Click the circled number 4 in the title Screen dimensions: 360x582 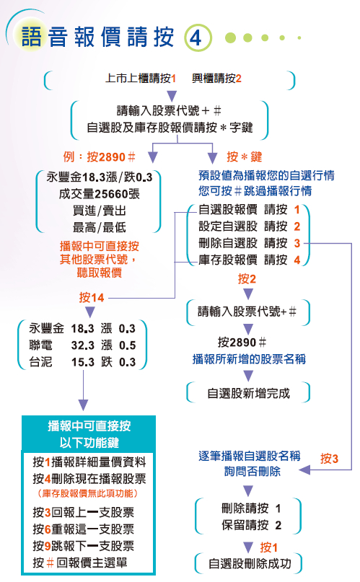198,37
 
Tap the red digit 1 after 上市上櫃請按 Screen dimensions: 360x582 173,79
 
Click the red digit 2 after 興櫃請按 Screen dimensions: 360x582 238,79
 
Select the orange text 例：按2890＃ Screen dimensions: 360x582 99,157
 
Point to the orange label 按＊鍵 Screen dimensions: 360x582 244,157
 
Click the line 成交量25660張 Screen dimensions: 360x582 99,194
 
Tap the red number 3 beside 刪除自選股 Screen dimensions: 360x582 297,243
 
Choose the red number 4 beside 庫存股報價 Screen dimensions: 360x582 297,260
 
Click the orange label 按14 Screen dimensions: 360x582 92,298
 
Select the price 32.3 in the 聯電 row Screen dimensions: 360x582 83,345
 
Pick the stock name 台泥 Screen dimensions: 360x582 41,361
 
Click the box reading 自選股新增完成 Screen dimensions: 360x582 248,393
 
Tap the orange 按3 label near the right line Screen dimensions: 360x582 329,459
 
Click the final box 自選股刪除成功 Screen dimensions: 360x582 248,564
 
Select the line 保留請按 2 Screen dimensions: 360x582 251,525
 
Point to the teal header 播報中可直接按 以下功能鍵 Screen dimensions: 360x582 89,434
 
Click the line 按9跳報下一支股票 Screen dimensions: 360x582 84,546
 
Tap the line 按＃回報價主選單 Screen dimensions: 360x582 80,563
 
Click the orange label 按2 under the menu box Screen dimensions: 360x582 247,279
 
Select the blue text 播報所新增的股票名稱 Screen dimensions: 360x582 249,359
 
